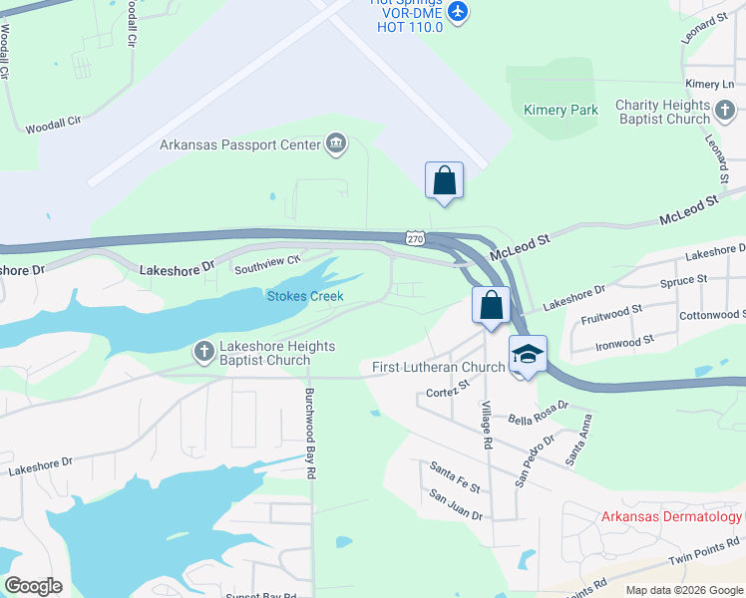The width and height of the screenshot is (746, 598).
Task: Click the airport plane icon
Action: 458,11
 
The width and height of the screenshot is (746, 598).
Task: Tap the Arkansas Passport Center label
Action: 239,145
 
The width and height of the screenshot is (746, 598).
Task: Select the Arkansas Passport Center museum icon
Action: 336,146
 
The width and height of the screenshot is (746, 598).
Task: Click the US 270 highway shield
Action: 416,238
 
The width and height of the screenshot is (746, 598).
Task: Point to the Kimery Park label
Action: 560,110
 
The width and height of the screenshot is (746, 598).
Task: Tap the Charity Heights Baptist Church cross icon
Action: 725,110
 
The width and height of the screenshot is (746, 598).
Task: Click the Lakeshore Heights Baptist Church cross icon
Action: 204,350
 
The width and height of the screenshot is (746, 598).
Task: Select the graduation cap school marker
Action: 529,355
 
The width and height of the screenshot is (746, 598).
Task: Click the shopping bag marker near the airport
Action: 444,181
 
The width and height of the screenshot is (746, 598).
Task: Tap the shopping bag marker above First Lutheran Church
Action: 491,306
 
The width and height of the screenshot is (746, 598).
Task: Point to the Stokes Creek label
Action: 305,296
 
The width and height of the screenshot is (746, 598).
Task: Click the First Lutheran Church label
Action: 438,367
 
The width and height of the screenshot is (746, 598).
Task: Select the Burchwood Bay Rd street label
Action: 310,434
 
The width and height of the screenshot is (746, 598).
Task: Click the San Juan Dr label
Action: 456,505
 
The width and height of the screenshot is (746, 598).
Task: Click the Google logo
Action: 33,586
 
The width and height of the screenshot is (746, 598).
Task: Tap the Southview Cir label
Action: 267,264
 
